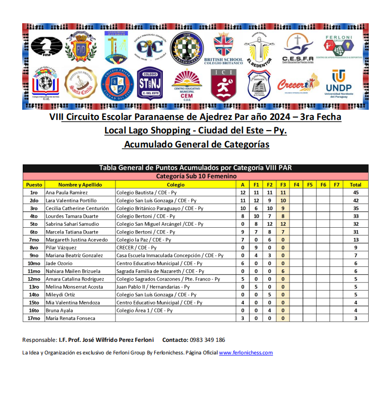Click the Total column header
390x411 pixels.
[x=355, y=185]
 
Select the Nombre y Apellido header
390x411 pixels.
[x=80, y=185]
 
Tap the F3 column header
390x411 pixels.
[x=283, y=185]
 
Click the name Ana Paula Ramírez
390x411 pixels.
[x=67, y=192]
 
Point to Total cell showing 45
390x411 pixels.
[x=355, y=192]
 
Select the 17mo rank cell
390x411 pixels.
[x=34, y=318]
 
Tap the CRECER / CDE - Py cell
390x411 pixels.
[x=137, y=248]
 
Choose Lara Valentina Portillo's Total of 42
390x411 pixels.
[x=355, y=200]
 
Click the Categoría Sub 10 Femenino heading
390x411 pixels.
[x=196, y=176]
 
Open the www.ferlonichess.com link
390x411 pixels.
[x=246, y=353]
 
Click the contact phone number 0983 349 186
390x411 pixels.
[x=207, y=340]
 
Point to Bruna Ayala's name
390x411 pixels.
[x=59, y=310]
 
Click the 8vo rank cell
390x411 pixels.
[x=34, y=248]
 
